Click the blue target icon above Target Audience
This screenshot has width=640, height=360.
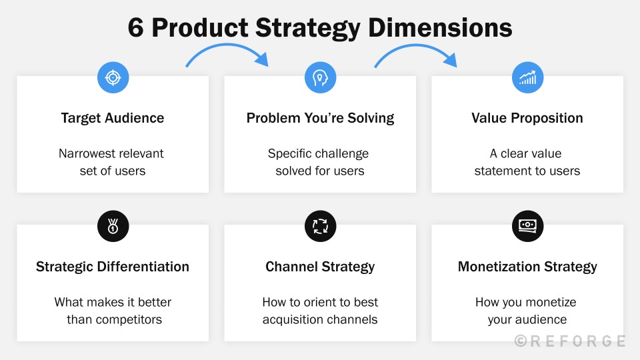(113, 78)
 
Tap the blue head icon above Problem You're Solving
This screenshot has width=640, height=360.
(320, 78)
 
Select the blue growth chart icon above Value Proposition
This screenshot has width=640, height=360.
(527, 78)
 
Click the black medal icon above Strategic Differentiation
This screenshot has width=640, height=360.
(113, 227)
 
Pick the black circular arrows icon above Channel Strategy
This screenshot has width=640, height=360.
(320, 227)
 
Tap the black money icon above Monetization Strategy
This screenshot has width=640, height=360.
(527, 227)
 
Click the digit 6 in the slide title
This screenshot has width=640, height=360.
(136, 28)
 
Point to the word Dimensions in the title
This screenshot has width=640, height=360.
(441, 28)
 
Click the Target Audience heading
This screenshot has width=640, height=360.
(113, 118)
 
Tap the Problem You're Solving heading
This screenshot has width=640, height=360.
(320, 118)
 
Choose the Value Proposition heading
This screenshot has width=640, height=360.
(527, 118)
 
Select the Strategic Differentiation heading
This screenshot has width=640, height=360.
(113, 267)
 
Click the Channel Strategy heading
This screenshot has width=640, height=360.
(320, 267)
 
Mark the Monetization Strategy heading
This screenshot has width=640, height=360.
(527, 267)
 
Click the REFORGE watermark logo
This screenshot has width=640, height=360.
(570, 341)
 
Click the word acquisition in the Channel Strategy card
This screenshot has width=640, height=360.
(293, 319)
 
